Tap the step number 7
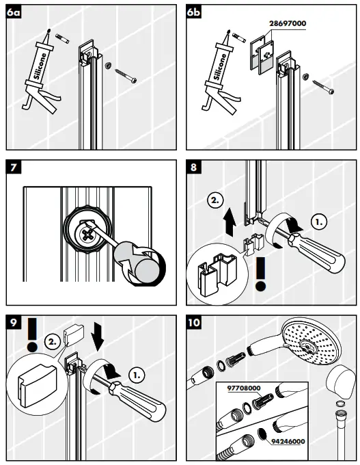pyautogui.click(x=13, y=168)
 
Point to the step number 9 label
pyautogui.click(x=13, y=322)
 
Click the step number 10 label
pyautogui.click(x=196, y=322)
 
